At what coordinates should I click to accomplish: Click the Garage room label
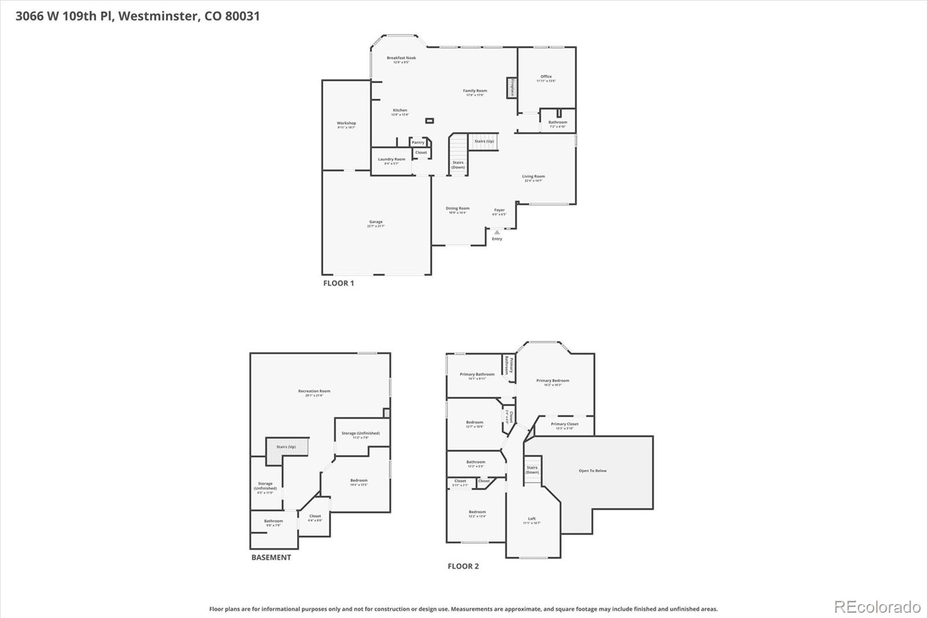pos(376,222)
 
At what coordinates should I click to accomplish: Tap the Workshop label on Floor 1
pos(346,123)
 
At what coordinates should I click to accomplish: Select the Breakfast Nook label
pos(402,58)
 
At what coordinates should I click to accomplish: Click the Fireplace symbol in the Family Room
pos(512,88)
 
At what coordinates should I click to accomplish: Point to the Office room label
pos(546,77)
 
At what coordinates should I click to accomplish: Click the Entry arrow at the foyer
pos(497,232)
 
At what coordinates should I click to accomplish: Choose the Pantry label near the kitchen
pos(418,143)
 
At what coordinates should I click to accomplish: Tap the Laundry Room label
pos(392,159)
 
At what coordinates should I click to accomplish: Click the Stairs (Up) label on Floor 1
pos(484,141)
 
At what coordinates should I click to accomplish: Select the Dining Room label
pos(457,209)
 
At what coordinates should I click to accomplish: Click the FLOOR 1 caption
pos(338,283)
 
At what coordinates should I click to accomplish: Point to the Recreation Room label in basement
pos(314,391)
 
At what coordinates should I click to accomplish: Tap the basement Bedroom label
pos(359,481)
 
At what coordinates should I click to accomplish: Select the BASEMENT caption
pos(271,558)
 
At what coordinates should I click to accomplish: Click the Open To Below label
pos(593,471)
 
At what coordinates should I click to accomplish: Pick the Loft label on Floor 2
pos(532,519)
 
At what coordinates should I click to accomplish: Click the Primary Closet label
pos(564,424)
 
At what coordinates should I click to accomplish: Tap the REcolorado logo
pos(877,607)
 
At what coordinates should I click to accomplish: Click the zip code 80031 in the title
pos(242,16)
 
